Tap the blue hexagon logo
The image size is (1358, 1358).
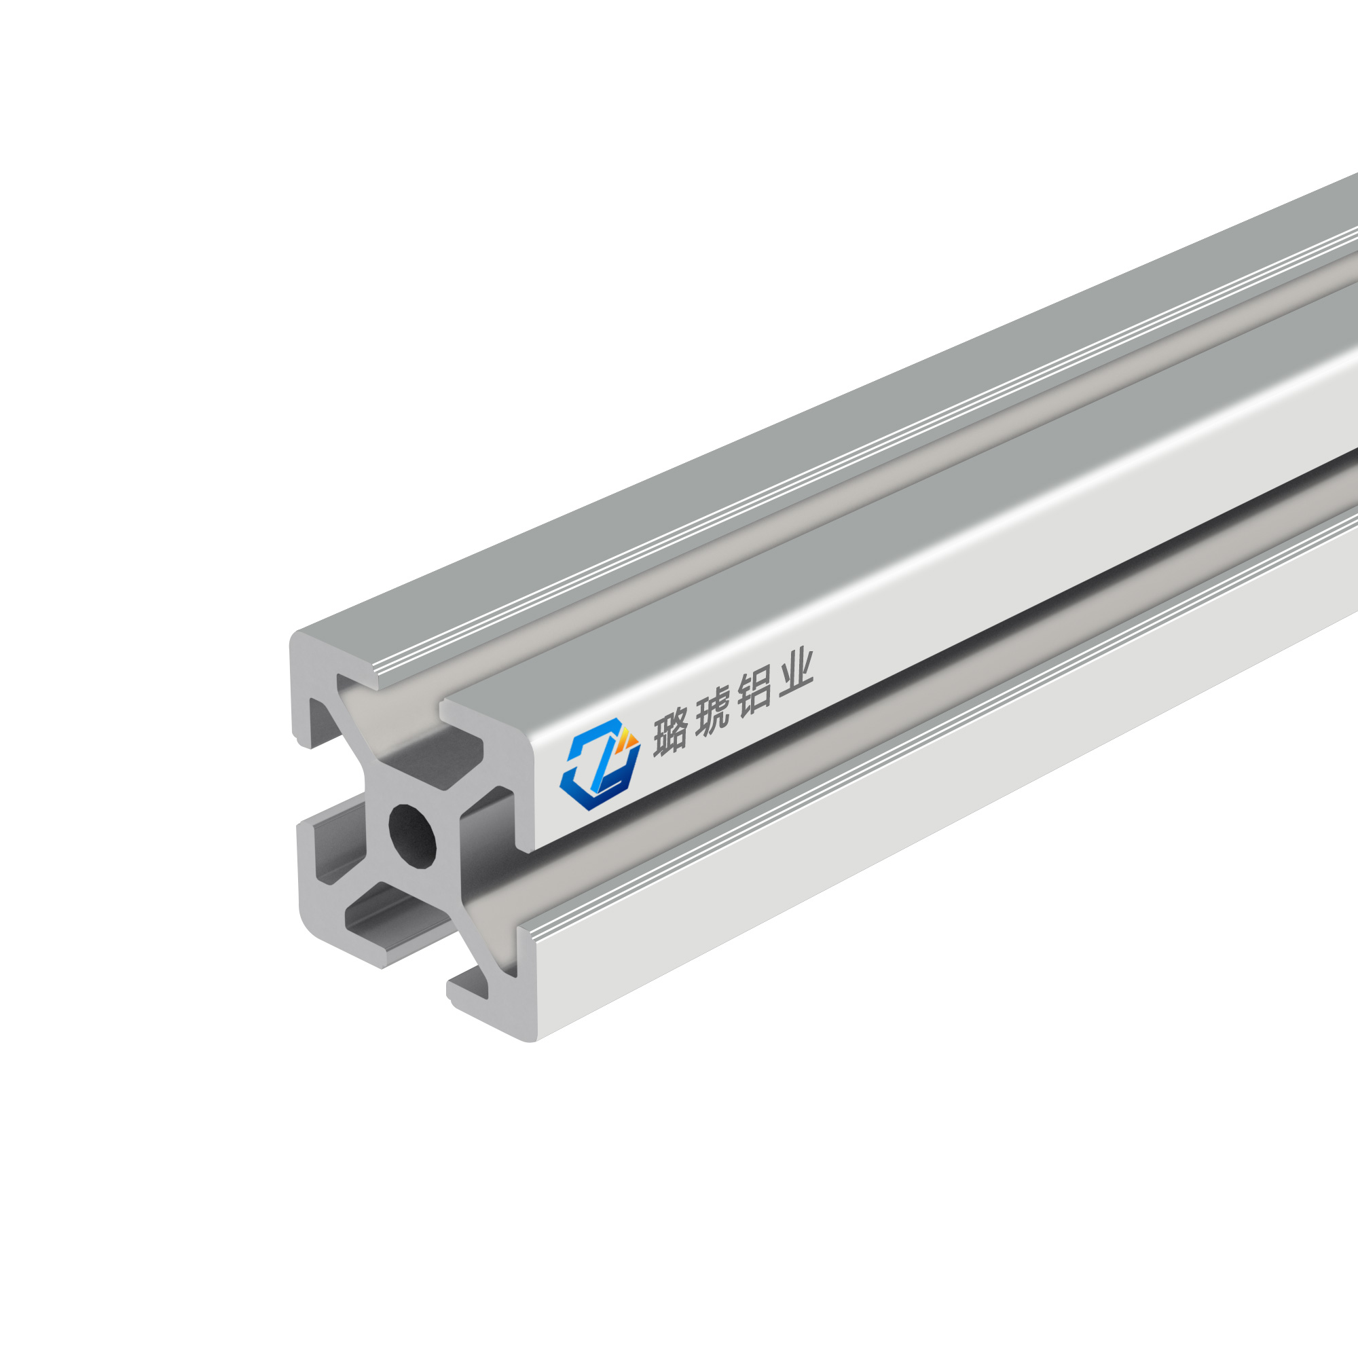point(600,764)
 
